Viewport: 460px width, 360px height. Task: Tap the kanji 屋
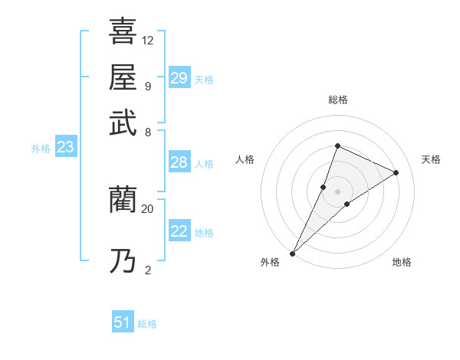pyautogui.click(x=123, y=77)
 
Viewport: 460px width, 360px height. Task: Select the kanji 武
pyautogui.click(x=123, y=123)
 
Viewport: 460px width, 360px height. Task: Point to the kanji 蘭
pyautogui.click(x=123, y=200)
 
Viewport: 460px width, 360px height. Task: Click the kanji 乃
pyautogui.click(x=123, y=260)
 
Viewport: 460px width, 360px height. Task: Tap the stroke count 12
pyautogui.click(x=148, y=39)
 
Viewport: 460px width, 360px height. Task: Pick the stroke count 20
pyautogui.click(x=148, y=208)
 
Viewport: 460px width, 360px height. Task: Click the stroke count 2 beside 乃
pyautogui.click(x=147, y=269)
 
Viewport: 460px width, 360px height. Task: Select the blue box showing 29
pyautogui.click(x=179, y=78)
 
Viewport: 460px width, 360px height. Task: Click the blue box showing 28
pyautogui.click(x=179, y=162)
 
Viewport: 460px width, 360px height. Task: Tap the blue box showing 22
pyautogui.click(x=179, y=231)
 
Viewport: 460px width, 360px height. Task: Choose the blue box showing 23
pyautogui.click(x=65, y=148)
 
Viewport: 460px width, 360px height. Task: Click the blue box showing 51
pyautogui.click(x=123, y=322)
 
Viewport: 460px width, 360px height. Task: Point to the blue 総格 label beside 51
pyautogui.click(x=147, y=324)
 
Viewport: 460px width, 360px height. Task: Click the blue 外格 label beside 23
pyautogui.click(x=41, y=149)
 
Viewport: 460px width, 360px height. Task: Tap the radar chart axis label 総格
pyautogui.click(x=337, y=100)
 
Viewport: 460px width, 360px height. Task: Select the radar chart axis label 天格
pyautogui.click(x=431, y=159)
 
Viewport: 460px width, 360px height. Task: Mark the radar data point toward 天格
pyautogui.click(x=396, y=172)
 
